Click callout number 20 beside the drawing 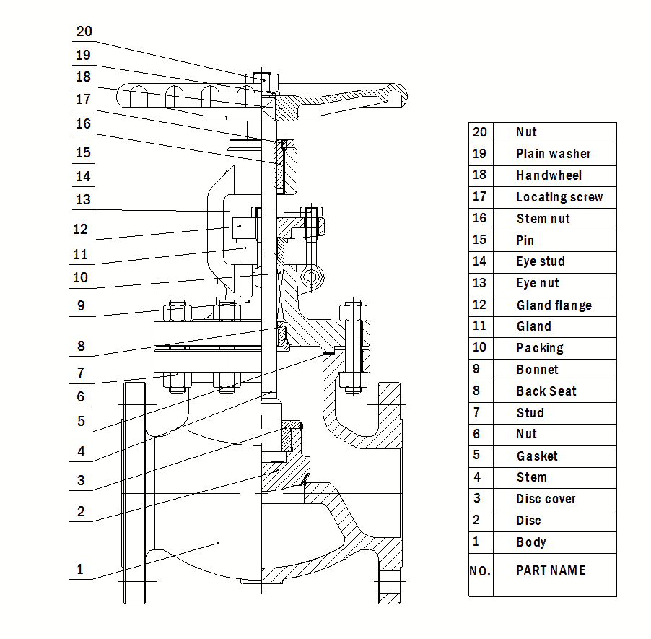84,31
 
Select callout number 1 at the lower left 80,570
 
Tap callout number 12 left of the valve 80,230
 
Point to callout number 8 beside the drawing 81,346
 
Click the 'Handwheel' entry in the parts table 549,175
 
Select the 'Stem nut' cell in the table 543,219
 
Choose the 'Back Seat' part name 546,391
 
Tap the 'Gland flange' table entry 554,305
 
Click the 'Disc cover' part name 546,499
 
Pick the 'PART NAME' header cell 551,570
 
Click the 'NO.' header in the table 480,571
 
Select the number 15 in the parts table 480,240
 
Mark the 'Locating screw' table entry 559,197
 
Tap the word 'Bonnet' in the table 537,370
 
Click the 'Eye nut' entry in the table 537,283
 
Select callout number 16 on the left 84,123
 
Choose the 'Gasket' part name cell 537,456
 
